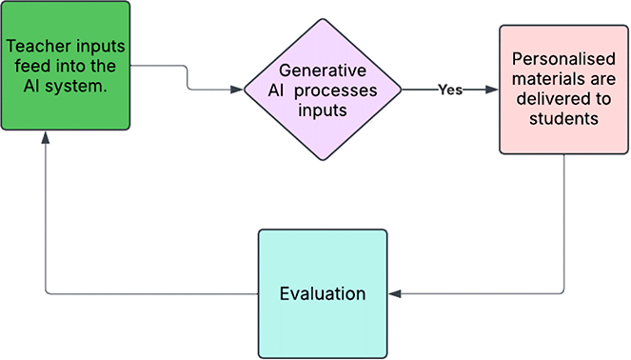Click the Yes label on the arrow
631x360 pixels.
(x=450, y=90)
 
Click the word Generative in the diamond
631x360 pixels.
(x=323, y=71)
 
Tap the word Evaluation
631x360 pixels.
(x=323, y=293)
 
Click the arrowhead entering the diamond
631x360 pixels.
(x=237, y=90)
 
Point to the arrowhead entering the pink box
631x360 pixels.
(x=492, y=90)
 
